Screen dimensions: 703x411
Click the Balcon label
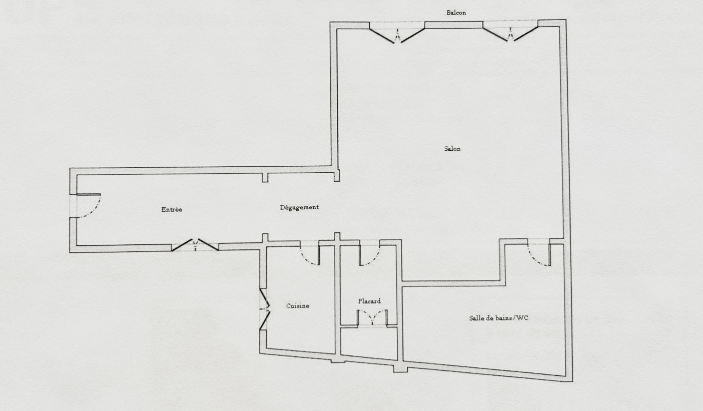coord(456,13)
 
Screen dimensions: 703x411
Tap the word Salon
coord(452,149)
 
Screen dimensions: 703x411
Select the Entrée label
coord(172,209)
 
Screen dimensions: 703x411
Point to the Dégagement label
coord(299,208)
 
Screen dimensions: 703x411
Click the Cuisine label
coord(298,306)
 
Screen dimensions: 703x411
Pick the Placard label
coord(369,301)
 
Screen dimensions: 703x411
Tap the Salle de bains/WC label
coord(498,318)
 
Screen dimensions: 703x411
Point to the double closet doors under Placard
coord(372,317)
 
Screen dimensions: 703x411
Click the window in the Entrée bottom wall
coord(195,245)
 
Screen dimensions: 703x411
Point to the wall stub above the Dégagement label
coord(265,178)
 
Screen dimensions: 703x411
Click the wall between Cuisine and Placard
coord(337,300)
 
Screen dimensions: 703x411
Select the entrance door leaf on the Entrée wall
coord(88,195)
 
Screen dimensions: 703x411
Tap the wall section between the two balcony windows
coord(454,25)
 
